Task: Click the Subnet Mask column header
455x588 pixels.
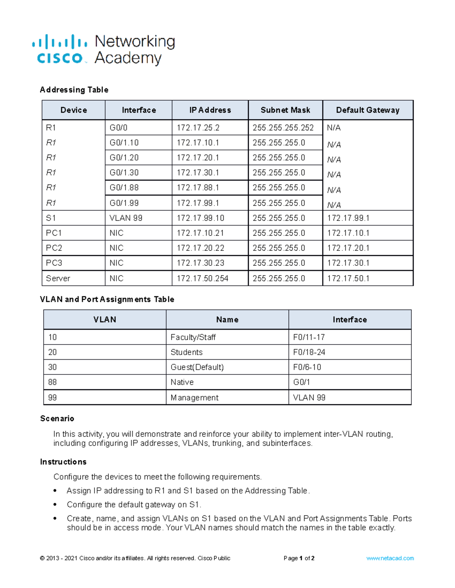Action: [x=285, y=110]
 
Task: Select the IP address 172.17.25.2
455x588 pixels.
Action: [x=198, y=128]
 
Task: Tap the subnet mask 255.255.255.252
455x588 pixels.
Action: [x=283, y=128]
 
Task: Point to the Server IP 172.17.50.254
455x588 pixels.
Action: [x=202, y=279]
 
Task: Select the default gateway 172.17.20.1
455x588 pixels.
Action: [x=348, y=248]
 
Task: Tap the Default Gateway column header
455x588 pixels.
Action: [x=367, y=110]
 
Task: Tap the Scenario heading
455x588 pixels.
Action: [x=57, y=418]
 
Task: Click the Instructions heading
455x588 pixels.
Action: [x=63, y=462]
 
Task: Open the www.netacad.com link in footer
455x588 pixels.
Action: [x=390, y=558]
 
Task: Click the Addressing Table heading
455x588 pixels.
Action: [x=74, y=90]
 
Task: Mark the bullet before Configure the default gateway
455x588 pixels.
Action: [x=55, y=505]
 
